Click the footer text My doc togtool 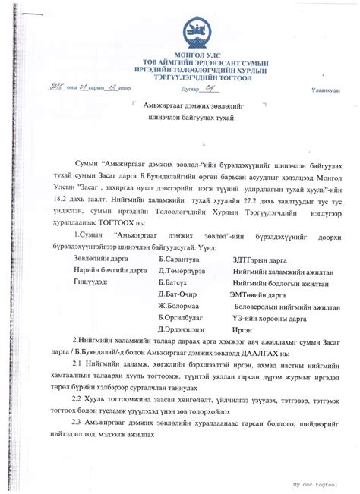[314, 483]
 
